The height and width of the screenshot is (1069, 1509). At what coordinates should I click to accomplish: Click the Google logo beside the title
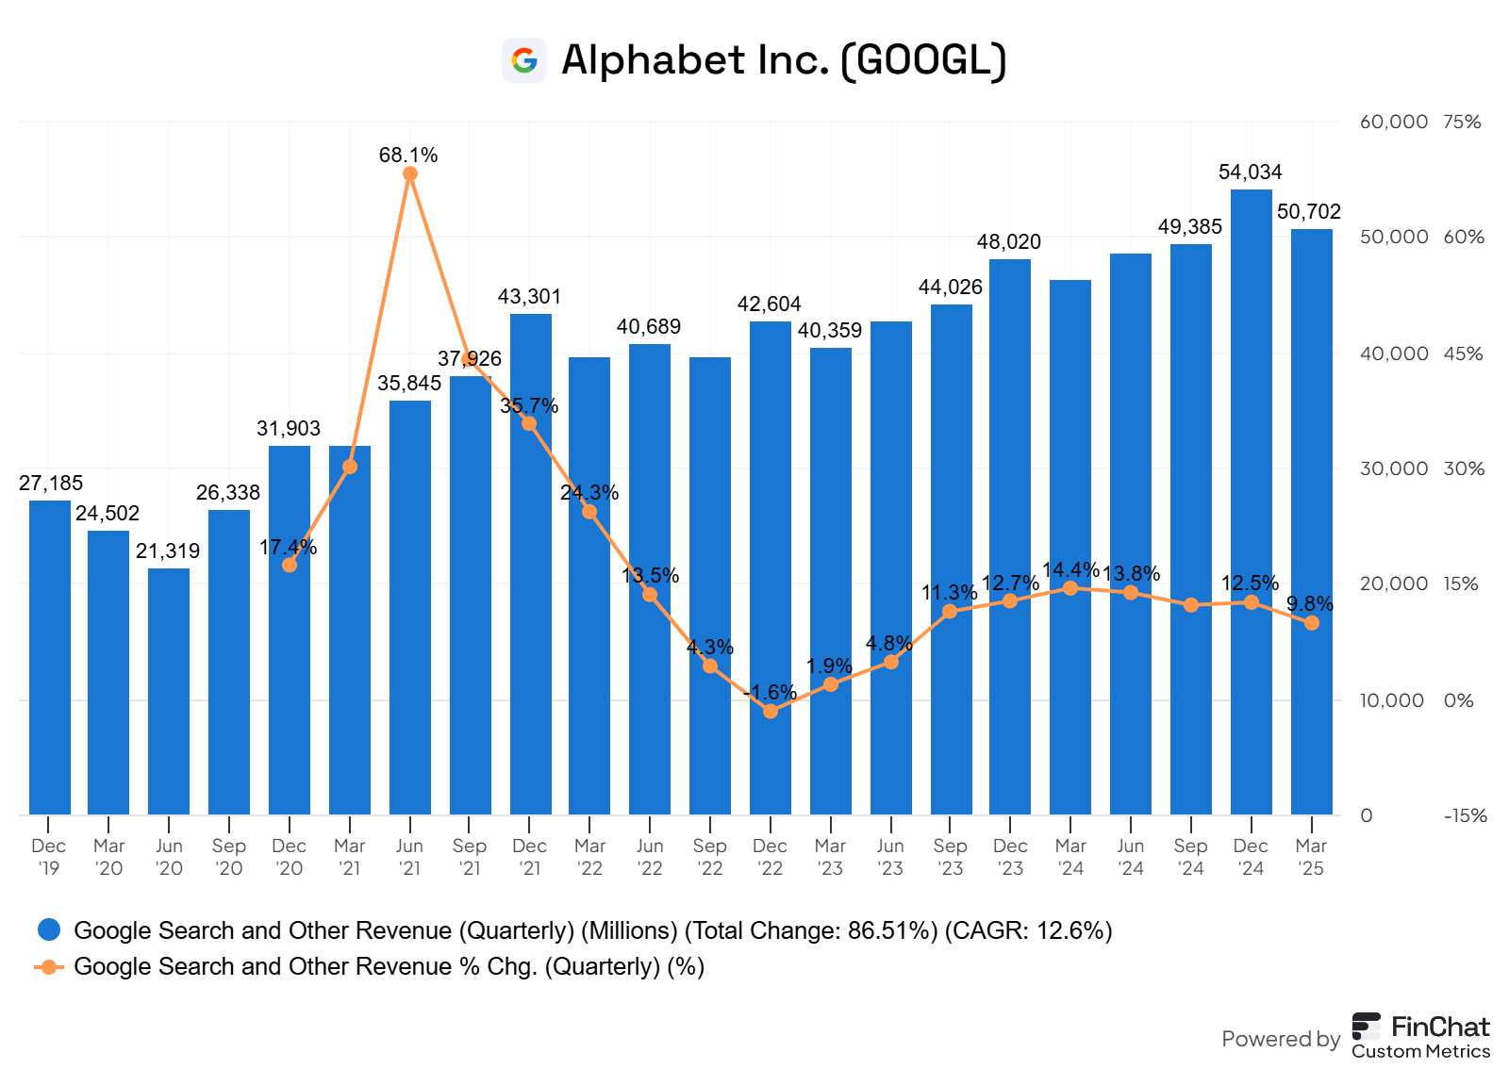pyautogui.click(x=524, y=60)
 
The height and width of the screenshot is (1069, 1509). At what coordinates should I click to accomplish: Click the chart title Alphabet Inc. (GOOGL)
pyautogui.click(x=784, y=60)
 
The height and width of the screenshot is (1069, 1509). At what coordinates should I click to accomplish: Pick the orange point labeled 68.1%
pyautogui.click(x=409, y=174)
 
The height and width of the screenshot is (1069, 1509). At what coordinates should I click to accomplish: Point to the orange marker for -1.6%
pyautogui.click(x=771, y=711)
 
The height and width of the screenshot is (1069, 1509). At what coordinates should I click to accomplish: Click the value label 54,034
pyautogui.click(x=1250, y=173)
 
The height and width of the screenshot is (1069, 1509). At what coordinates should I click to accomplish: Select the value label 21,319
pyautogui.click(x=168, y=551)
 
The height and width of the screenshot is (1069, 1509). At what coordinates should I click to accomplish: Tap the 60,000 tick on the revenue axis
pyautogui.click(x=1393, y=122)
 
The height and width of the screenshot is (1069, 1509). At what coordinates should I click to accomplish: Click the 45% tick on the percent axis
pyautogui.click(x=1463, y=354)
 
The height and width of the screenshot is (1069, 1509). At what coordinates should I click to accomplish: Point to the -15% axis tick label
pyautogui.click(x=1465, y=816)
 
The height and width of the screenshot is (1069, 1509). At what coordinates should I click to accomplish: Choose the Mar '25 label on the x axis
pyautogui.click(x=1311, y=857)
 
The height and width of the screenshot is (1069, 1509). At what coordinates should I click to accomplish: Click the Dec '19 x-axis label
pyautogui.click(x=49, y=857)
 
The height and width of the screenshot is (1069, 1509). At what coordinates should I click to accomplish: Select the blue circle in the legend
pyautogui.click(x=49, y=930)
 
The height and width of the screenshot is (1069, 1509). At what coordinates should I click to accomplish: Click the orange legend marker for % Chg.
pyautogui.click(x=49, y=966)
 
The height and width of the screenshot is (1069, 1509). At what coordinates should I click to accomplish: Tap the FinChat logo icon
pyautogui.click(x=1366, y=1027)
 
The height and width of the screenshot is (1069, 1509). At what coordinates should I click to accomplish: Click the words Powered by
pyautogui.click(x=1280, y=1039)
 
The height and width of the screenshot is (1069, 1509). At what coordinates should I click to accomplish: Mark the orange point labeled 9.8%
pyautogui.click(x=1311, y=623)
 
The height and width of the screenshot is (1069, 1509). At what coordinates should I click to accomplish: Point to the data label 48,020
pyautogui.click(x=1008, y=242)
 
